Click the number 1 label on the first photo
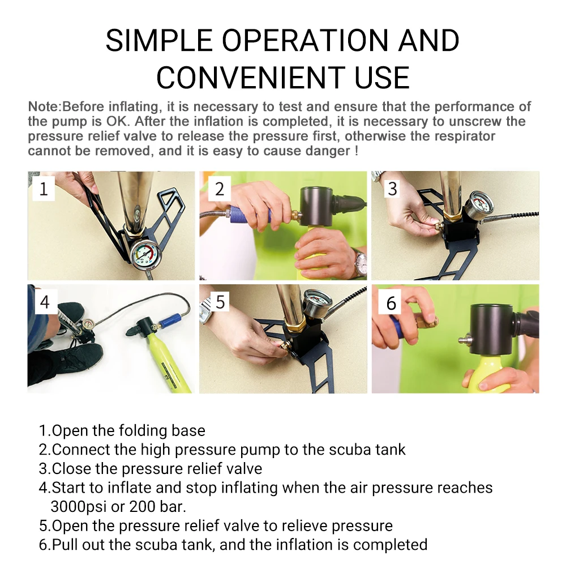point(44,189)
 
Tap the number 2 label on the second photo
point(220,189)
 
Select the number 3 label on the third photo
point(392,189)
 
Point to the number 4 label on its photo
point(45,302)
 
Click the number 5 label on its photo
point(220,302)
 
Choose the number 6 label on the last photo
point(392,303)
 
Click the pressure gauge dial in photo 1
point(145,253)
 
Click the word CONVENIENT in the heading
point(251,78)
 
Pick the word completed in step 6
point(390,545)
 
